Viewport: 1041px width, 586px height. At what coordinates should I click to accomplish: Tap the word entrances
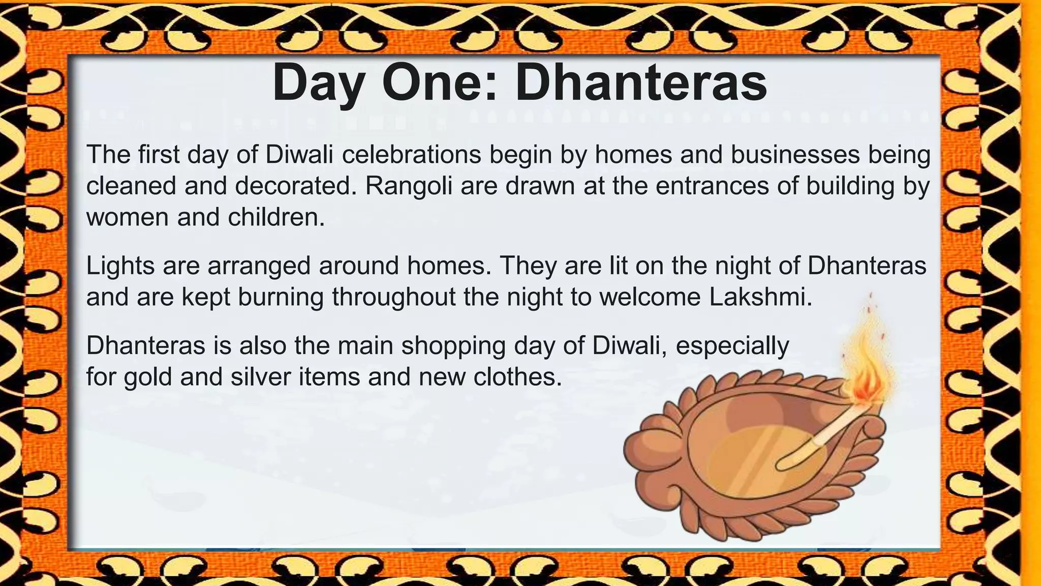tap(711, 186)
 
